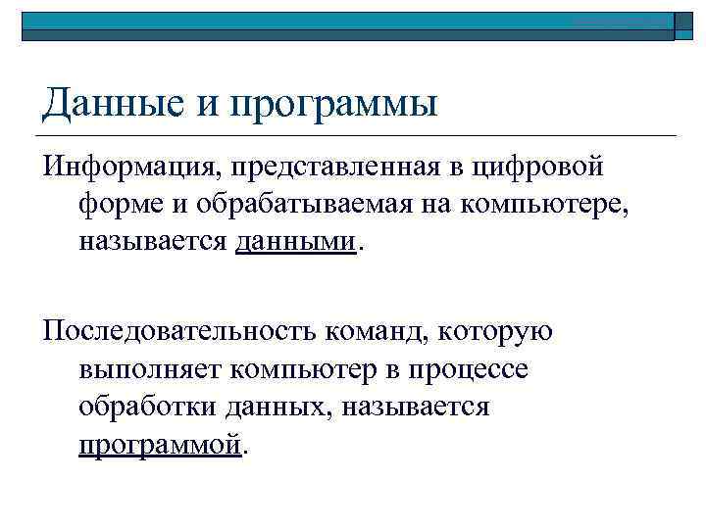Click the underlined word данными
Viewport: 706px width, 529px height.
[x=297, y=241]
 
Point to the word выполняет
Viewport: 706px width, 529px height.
[x=149, y=369]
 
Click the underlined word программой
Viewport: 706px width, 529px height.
[x=160, y=445]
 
